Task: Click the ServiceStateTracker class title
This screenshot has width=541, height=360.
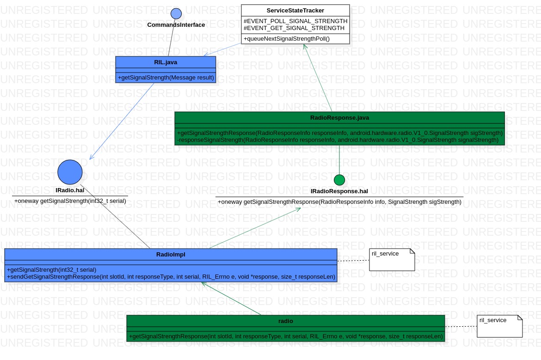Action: coord(295,10)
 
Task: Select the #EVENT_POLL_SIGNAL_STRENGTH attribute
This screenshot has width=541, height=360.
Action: coord(295,21)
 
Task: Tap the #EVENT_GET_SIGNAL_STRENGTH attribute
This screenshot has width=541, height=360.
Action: coord(294,28)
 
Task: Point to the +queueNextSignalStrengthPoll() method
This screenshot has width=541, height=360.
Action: coord(286,39)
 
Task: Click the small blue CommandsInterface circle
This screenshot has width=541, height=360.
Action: coord(176,13)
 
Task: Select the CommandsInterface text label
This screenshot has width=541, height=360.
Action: coord(176,25)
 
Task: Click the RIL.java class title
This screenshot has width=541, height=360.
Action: coord(166,61)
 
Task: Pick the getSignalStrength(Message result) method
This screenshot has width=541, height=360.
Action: coord(166,77)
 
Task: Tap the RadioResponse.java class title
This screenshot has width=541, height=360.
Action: coord(339,117)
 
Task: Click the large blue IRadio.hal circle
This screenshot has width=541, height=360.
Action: coord(70,172)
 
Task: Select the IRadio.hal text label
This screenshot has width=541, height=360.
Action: coord(70,190)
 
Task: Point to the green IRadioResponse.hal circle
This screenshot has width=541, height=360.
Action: coord(339,180)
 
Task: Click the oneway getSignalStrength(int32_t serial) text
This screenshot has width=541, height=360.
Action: coord(70,201)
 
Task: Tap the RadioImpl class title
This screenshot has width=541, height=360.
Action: coord(171,254)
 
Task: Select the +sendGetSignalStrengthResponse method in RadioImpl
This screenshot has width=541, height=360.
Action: coord(171,276)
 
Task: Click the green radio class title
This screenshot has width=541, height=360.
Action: coord(285,321)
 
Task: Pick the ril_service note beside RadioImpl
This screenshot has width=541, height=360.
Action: coord(392,259)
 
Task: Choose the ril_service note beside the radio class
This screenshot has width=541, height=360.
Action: coord(499,326)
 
